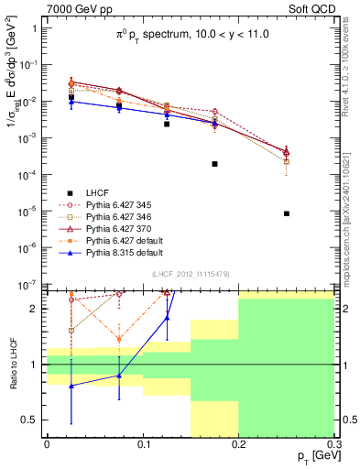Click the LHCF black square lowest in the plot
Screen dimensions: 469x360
(x=287, y=213)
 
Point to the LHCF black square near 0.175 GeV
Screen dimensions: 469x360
(x=214, y=164)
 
